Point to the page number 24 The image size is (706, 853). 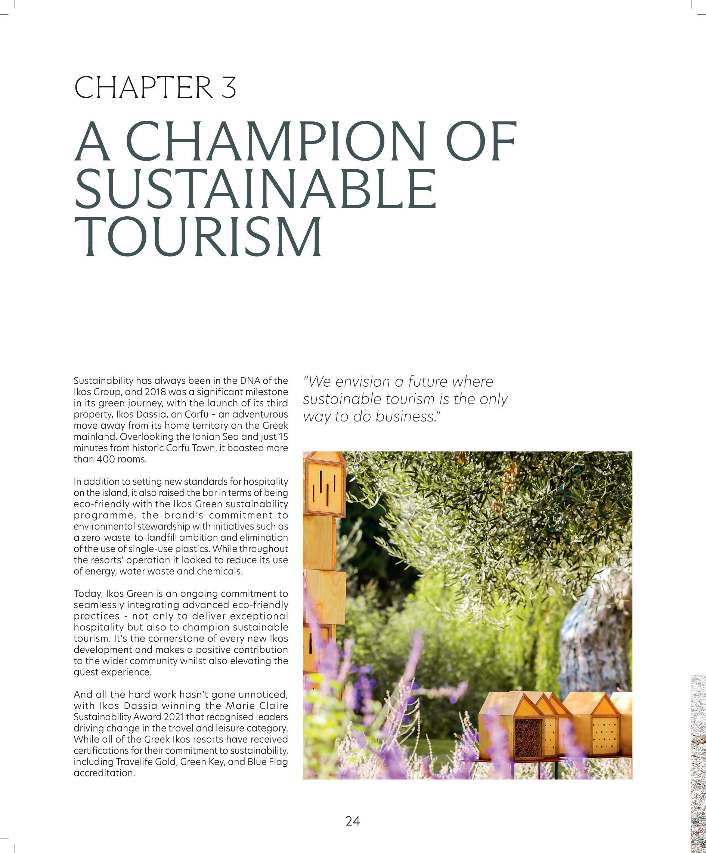click(x=352, y=821)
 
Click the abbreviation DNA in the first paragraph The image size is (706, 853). click(x=251, y=381)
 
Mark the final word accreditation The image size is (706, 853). click(x=104, y=773)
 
